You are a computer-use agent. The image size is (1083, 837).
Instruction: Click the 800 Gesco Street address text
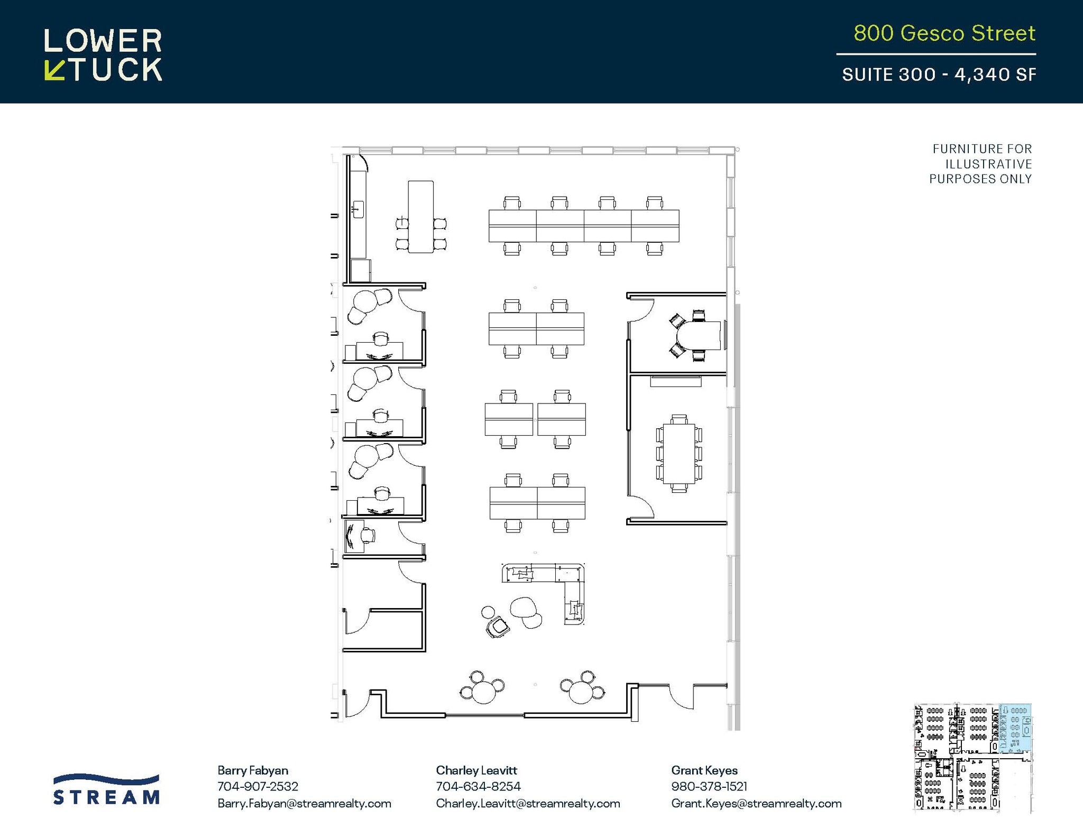[x=944, y=33]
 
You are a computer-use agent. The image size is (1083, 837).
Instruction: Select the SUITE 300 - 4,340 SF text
[x=939, y=75]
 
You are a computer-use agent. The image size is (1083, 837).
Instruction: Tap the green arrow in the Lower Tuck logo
[x=54, y=70]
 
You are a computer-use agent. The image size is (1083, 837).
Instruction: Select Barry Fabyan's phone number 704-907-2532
[x=258, y=786]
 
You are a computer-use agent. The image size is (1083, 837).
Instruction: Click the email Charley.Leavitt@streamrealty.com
[x=528, y=803]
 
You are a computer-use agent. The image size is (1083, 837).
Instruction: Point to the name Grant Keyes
[x=704, y=770]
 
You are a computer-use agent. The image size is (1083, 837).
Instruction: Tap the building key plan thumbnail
[x=972, y=757]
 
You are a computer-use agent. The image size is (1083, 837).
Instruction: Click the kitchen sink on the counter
[x=358, y=209]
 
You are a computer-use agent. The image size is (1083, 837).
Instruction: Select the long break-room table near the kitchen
[x=420, y=217]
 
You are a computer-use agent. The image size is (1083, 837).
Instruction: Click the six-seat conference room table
[x=679, y=454]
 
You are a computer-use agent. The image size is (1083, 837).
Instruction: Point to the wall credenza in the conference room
[x=675, y=381]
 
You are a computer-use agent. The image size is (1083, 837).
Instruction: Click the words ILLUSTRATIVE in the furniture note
[x=988, y=164]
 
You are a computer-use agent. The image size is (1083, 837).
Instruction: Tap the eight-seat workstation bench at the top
[x=583, y=226]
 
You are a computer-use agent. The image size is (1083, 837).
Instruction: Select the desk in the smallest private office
[x=353, y=536]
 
